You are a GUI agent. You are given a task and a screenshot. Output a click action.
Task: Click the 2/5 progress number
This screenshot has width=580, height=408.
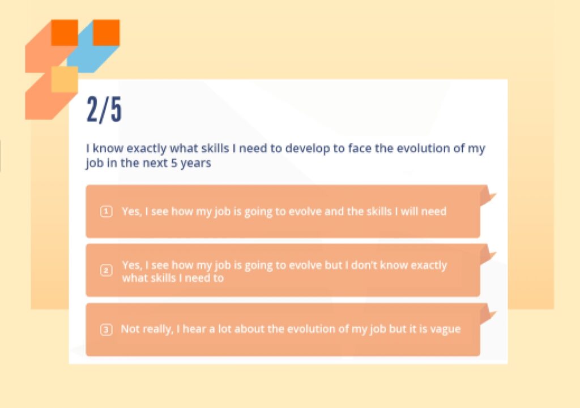[x=104, y=109]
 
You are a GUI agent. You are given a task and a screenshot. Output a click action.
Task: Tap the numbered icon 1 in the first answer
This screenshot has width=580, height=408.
[x=106, y=212]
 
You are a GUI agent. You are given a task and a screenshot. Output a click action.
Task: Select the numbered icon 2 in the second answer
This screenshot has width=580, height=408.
[x=106, y=270]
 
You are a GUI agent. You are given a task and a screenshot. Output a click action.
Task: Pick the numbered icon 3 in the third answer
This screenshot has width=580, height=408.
[x=106, y=329]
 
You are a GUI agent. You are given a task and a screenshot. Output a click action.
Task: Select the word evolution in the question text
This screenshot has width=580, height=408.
[x=423, y=148]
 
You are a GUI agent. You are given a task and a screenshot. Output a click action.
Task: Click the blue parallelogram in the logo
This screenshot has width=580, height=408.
[x=93, y=46]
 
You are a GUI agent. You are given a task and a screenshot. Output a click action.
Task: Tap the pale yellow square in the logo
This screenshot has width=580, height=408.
[x=65, y=79]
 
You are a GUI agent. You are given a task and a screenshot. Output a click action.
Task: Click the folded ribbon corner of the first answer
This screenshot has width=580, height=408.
[x=488, y=196]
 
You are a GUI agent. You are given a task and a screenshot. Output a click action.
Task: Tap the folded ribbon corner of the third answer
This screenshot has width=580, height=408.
[x=488, y=315]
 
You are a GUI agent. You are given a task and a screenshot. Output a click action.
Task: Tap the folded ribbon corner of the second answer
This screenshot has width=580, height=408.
[x=488, y=255]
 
